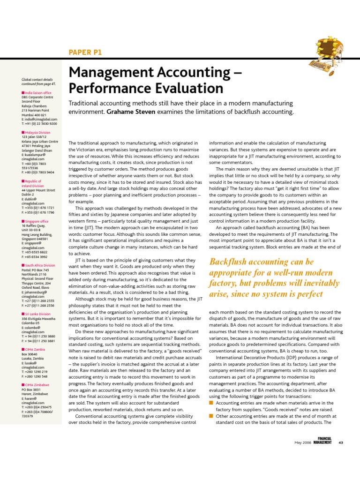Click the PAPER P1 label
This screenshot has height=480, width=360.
coord(85,52)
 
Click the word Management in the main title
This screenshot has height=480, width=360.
coord(113,73)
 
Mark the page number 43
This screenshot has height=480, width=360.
coord(341,442)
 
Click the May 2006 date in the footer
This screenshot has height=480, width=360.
coord(302,442)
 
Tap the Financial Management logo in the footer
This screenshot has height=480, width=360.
coord(323,441)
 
